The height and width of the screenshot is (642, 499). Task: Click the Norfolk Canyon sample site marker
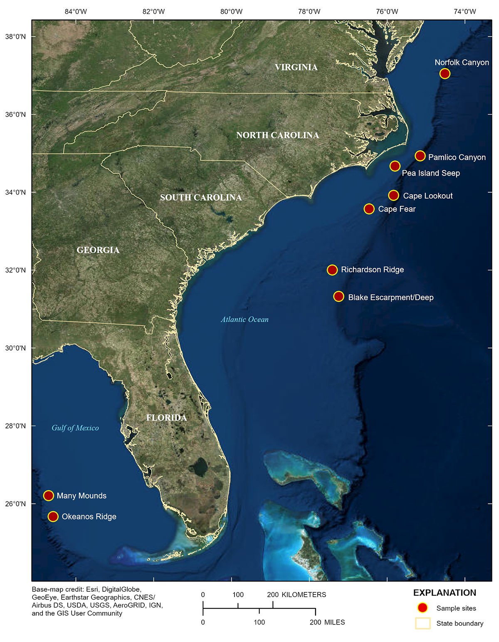pyautogui.click(x=445, y=74)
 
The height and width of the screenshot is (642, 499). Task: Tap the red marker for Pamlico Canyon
pyautogui.click(x=420, y=156)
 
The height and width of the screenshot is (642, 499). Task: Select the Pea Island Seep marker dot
pyautogui.click(x=395, y=166)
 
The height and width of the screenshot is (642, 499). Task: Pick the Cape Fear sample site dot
pyautogui.click(x=369, y=209)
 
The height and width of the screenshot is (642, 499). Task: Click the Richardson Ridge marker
pyautogui.click(x=332, y=270)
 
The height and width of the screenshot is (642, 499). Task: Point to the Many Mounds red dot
pyautogui.click(x=49, y=496)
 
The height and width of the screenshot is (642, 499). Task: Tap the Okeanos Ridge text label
pyautogui.click(x=89, y=517)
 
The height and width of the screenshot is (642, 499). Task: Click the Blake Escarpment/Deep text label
pyautogui.click(x=390, y=297)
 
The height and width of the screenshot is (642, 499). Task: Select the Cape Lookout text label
pyautogui.click(x=427, y=196)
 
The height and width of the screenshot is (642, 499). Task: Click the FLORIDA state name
pyautogui.click(x=166, y=418)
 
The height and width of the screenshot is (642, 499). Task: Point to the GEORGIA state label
pyautogui.click(x=98, y=250)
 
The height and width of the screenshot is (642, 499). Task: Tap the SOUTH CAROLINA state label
pyautogui.click(x=201, y=198)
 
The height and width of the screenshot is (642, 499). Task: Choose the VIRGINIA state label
pyautogui.click(x=296, y=67)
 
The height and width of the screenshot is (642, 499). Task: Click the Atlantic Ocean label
pyautogui.click(x=245, y=320)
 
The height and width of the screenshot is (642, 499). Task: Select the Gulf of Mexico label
pyautogui.click(x=75, y=428)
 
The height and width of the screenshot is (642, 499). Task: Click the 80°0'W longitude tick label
pyautogui.click(x=231, y=12)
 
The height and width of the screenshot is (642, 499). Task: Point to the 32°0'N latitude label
pyautogui.click(x=15, y=270)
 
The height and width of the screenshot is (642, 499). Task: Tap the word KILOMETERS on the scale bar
pyautogui.click(x=304, y=595)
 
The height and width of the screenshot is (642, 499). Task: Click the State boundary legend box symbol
pyautogui.click(x=422, y=623)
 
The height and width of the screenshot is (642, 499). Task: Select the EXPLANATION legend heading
pyautogui.click(x=445, y=593)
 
